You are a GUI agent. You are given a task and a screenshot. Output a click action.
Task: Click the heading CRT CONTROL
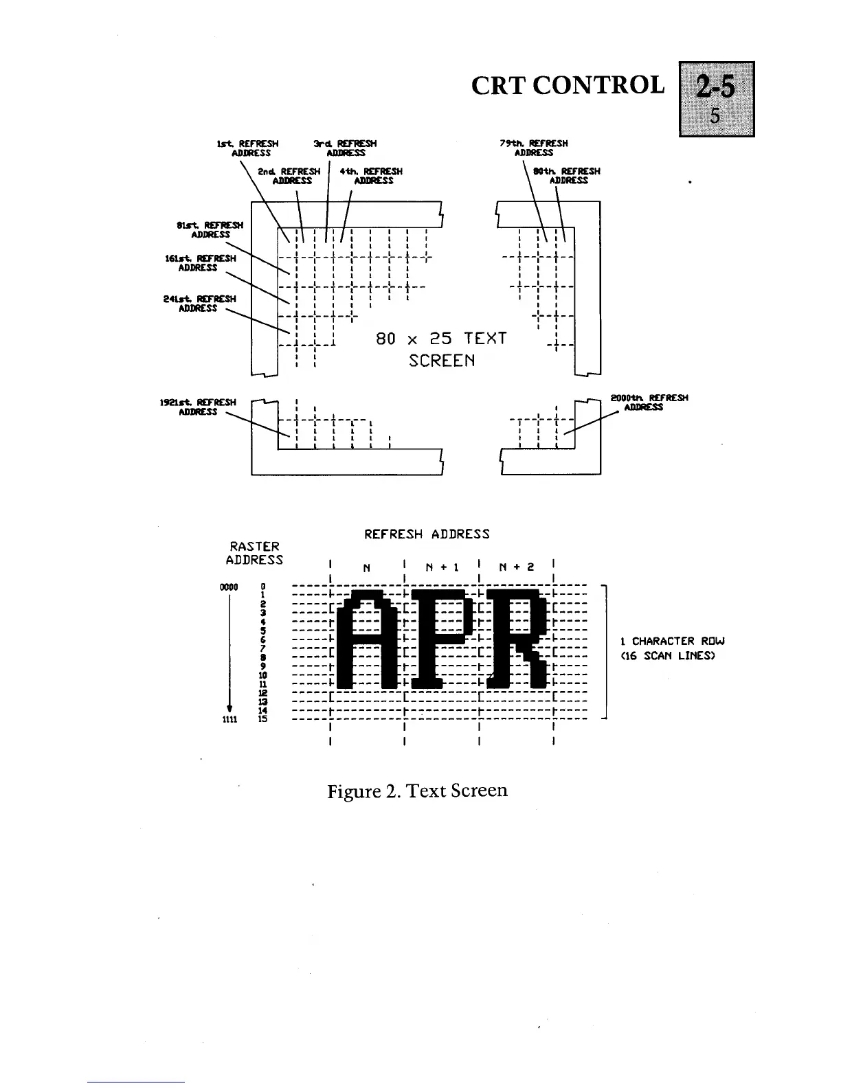pyautogui.click(x=568, y=86)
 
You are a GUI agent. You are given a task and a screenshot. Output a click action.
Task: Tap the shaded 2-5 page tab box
pyautogui.click(x=716, y=99)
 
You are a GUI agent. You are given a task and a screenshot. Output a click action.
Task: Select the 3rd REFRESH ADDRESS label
pyautogui.click(x=346, y=148)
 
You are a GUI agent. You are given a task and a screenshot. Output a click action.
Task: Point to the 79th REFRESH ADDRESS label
pyautogui.click(x=534, y=148)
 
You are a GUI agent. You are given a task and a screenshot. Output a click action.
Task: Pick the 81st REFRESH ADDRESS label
pyautogui.click(x=210, y=229)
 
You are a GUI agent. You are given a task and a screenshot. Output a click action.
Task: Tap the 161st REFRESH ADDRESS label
pyautogui.click(x=199, y=263)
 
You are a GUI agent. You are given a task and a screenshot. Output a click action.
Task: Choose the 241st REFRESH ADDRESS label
pyautogui.click(x=199, y=304)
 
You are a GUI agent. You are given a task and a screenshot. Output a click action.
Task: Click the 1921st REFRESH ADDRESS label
pyautogui.click(x=199, y=407)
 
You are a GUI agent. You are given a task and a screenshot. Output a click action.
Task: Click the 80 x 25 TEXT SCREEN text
pyautogui.click(x=441, y=349)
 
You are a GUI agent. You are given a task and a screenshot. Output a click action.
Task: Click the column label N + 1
pyautogui.click(x=442, y=567)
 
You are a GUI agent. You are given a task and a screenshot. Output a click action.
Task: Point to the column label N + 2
pyautogui.click(x=515, y=567)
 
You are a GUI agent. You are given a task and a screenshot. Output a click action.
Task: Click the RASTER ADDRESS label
pyautogui.click(x=254, y=553)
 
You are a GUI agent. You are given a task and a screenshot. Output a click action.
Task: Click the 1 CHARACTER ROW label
pyautogui.click(x=667, y=642)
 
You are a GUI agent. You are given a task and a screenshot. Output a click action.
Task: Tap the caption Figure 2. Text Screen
pyautogui.click(x=417, y=791)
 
